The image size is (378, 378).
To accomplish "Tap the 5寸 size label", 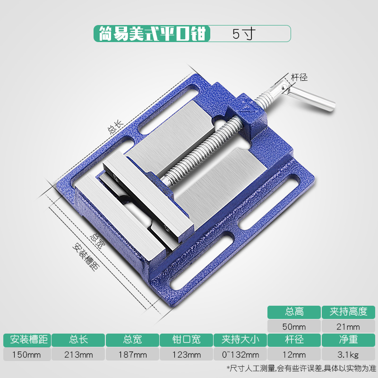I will pos(243,34).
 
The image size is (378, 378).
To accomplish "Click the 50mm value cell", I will pos(294,326).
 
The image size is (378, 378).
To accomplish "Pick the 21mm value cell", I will pos(348,326).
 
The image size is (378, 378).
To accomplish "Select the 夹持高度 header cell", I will pos(348,312).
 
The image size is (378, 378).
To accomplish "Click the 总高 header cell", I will pos(294,312).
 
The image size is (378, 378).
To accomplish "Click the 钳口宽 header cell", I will pos(186,340).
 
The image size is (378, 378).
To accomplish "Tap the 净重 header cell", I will pos(348,340).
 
